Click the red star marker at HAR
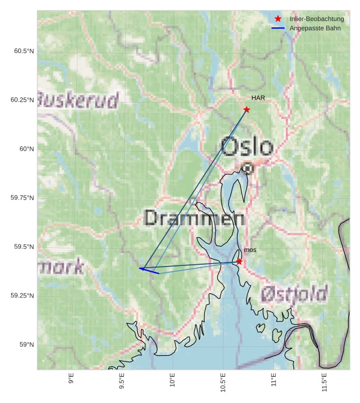coord(247,110)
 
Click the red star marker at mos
coord(239,262)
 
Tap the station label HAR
coord(258,98)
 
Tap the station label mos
coord(250,250)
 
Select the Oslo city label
coord(247,146)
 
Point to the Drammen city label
coord(194,218)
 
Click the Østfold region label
coord(294,293)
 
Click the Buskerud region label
coord(78,100)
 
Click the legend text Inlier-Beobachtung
coord(316,19)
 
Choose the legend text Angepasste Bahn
coord(315,28)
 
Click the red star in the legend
coord(278,19)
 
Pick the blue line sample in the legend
coord(278,28)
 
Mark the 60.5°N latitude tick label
coord(24,51)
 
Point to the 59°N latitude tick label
coord(26,345)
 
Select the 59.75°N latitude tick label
coord(22,198)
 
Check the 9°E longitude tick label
coord(71,379)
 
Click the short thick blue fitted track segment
coord(149,271)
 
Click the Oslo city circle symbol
coord(248,169)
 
